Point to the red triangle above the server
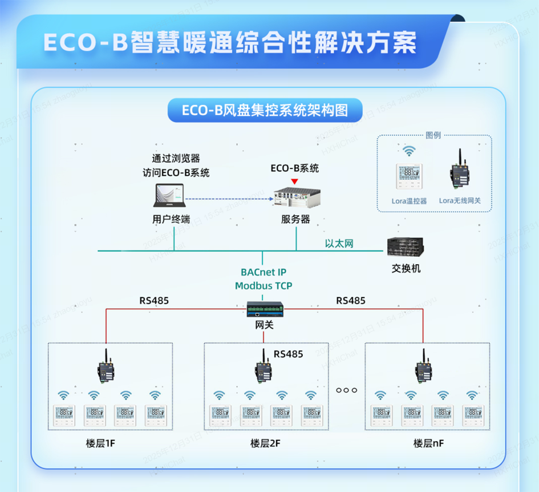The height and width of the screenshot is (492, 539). click(x=294, y=182)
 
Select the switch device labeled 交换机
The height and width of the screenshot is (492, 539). click(x=405, y=247)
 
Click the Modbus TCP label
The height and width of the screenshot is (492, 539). click(x=264, y=285)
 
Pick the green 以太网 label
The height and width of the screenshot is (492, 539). click(x=339, y=244)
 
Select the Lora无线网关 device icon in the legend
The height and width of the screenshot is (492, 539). click(x=459, y=170)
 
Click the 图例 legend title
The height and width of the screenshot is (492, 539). click(x=433, y=135)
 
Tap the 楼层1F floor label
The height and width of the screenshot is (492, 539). click(x=104, y=443)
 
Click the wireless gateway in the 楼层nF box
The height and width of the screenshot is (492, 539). click(x=423, y=369)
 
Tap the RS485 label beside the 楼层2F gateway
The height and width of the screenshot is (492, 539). click(x=288, y=354)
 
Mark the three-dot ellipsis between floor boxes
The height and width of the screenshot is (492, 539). click(x=346, y=390)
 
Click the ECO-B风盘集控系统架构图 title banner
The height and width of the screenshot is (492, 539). click(x=265, y=110)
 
